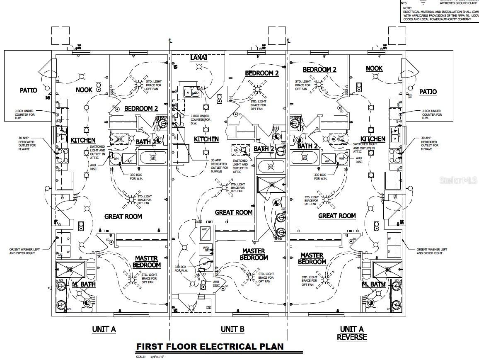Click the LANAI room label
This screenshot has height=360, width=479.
click(x=198, y=57)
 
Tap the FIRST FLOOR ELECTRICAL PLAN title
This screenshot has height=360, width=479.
click(x=210, y=346)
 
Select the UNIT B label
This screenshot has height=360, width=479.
click(x=232, y=329)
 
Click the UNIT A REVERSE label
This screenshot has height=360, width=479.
click(x=352, y=333)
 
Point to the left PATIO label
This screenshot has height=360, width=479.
click(x=29, y=90)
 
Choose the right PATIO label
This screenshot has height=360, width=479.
click(x=428, y=92)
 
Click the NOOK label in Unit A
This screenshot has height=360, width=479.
click(x=84, y=90)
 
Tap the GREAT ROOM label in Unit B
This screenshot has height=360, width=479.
click(x=234, y=212)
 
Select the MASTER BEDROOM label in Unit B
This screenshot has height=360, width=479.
click(x=254, y=254)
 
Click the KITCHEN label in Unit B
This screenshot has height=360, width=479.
click(x=206, y=139)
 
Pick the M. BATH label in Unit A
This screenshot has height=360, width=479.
click(x=84, y=284)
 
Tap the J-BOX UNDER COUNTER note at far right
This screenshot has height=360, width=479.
click(x=432, y=114)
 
